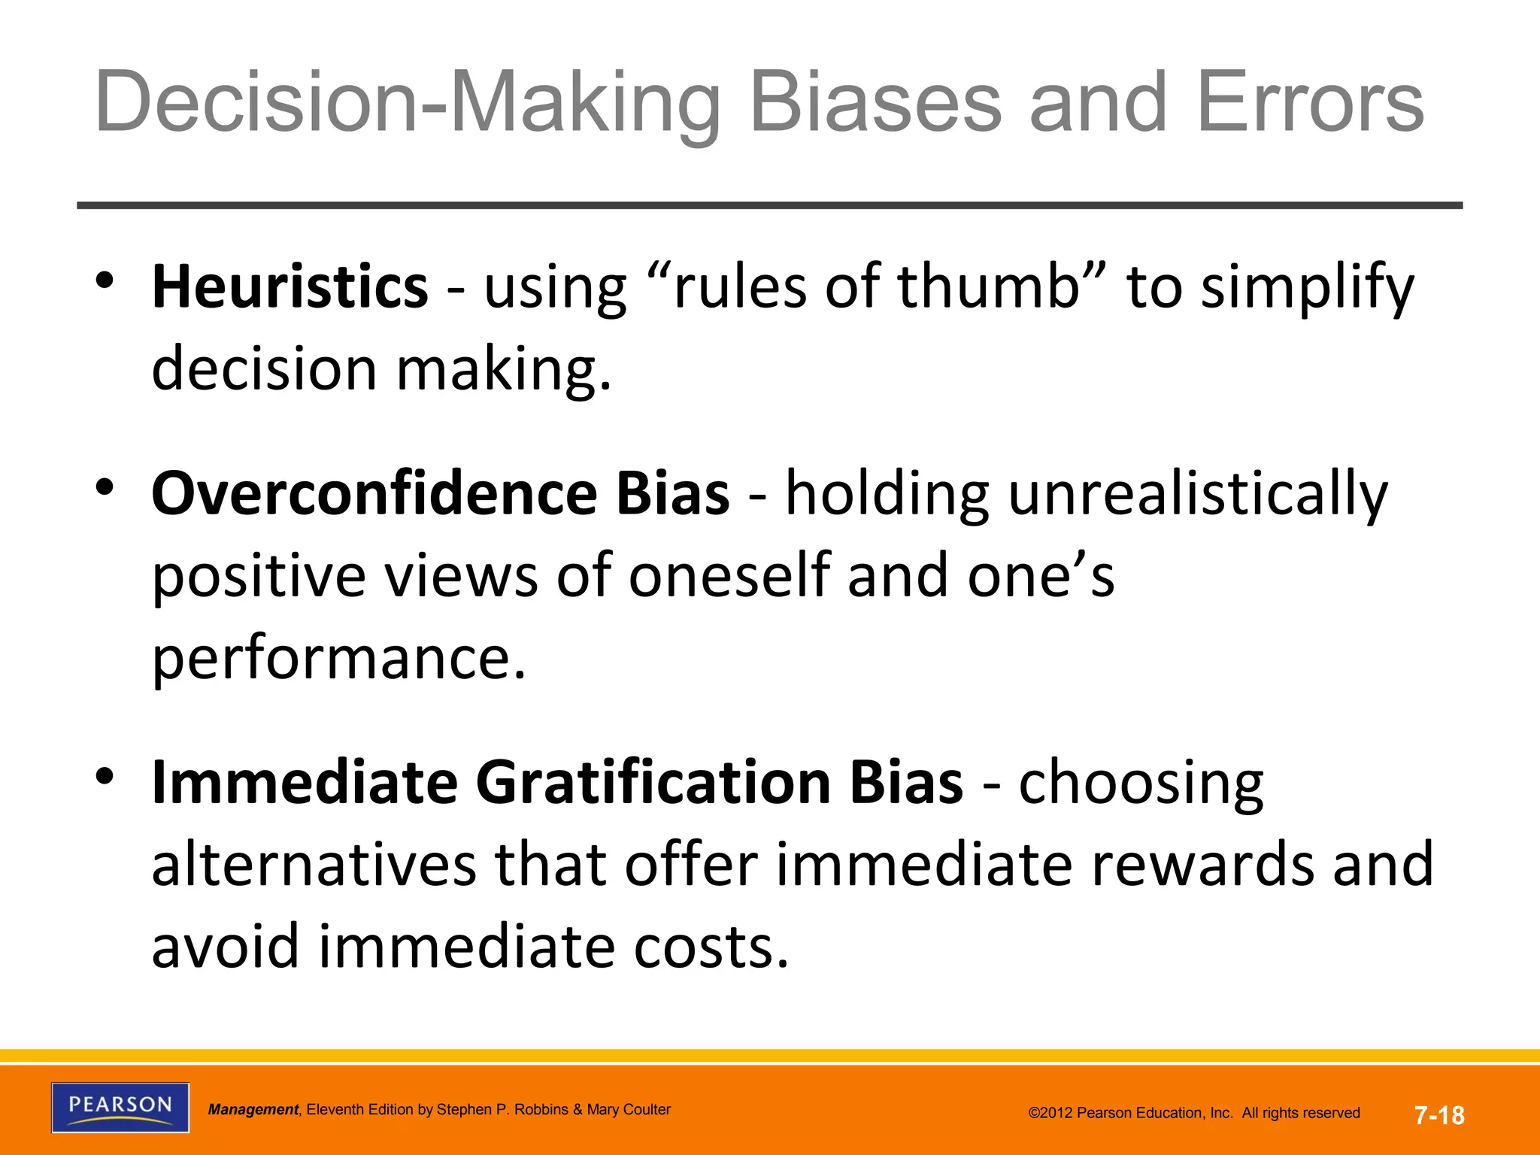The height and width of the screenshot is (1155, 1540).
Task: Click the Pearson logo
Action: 120,1107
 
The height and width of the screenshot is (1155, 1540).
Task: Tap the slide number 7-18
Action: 1439,1115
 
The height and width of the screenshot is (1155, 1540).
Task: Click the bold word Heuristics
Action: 290,287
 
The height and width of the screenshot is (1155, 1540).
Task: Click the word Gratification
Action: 653,782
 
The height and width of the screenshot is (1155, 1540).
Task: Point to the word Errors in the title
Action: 1310,102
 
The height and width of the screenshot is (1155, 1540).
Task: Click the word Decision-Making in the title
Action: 407,102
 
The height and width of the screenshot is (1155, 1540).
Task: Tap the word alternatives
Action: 314,865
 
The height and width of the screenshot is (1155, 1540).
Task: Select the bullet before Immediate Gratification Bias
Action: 105,775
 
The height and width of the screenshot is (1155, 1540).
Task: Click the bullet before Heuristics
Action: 105,280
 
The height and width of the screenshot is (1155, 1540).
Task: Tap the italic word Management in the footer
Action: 253,1110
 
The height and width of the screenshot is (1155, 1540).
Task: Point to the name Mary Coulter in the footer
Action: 628,1110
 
